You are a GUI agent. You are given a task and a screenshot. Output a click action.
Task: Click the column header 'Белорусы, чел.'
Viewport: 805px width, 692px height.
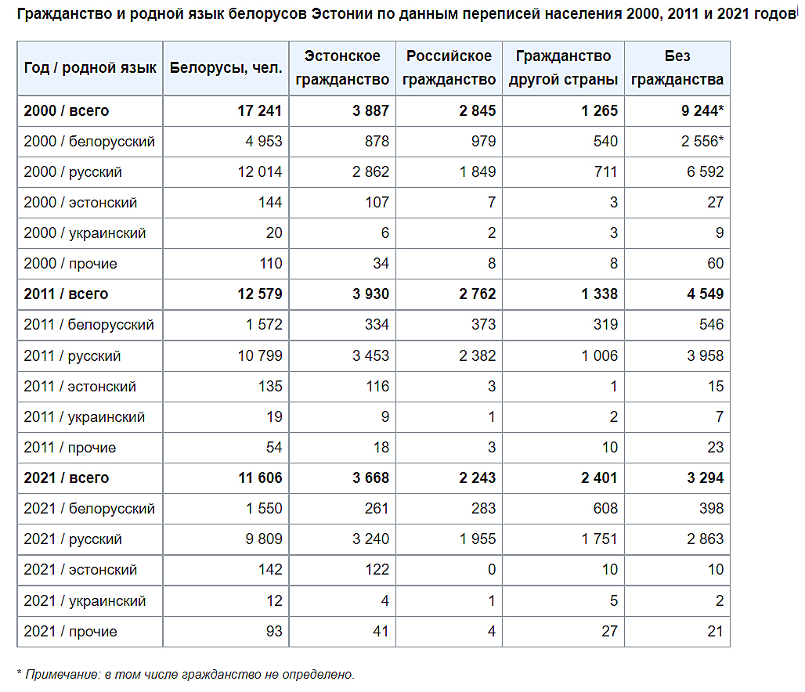pos(226,68)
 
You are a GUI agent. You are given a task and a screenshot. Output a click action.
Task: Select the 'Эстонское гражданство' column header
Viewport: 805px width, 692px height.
pos(342,68)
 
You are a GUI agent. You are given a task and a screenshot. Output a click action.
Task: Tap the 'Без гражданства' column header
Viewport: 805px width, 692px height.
pos(677,68)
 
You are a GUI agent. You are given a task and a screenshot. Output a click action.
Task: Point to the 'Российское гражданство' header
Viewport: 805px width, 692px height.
pos(449,68)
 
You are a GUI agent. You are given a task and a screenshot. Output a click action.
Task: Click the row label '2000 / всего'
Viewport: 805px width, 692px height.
pos(67,111)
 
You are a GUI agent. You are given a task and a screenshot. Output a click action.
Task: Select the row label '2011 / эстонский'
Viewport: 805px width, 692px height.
pos(80,387)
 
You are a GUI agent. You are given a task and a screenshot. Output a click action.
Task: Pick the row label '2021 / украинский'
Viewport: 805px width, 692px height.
pos(85,600)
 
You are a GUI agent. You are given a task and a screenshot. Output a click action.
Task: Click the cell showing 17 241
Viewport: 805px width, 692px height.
pos(260,111)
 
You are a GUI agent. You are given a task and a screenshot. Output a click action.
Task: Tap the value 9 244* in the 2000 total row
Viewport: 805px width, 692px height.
pos(702,111)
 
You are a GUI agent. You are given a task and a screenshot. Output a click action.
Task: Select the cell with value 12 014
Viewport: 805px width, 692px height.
pos(260,172)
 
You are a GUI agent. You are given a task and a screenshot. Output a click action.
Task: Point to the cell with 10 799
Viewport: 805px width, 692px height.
pos(260,355)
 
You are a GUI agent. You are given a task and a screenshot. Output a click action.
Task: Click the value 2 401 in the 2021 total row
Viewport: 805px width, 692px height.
pos(599,478)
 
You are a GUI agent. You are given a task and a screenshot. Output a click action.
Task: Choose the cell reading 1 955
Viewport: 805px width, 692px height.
pos(478,539)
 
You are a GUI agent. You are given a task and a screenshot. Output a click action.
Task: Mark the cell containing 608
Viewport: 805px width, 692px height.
pos(606,509)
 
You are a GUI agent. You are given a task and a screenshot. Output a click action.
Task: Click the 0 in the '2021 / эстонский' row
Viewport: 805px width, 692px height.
pos(492,570)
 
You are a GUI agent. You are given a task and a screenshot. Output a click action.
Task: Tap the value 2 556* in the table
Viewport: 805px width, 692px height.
pos(702,142)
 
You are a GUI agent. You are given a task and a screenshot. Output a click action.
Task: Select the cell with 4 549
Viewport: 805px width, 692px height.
pos(706,294)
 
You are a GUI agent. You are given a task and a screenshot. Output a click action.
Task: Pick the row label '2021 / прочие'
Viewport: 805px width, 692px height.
pos(70,632)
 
